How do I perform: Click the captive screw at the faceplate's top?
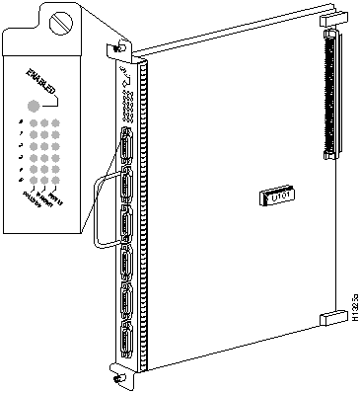pyautogui.click(x=119, y=47)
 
